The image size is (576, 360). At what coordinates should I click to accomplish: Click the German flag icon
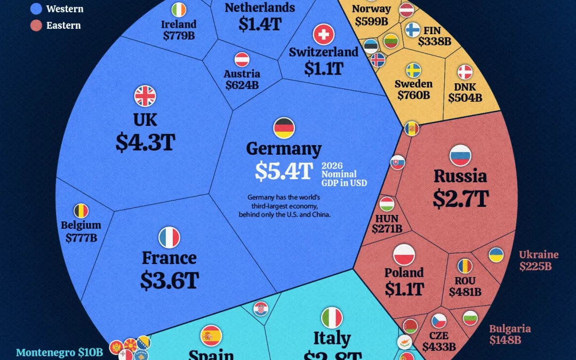(x=284, y=128)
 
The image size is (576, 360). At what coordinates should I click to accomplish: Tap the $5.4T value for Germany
(x=283, y=171)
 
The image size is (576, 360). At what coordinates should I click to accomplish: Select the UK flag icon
(x=145, y=96)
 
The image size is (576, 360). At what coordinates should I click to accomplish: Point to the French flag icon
(x=169, y=237)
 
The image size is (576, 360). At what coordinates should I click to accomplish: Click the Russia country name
(x=460, y=176)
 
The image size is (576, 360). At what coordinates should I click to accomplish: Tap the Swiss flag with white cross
(x=323, y=35)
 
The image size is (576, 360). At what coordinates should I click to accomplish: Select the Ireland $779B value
(x=179, y=36)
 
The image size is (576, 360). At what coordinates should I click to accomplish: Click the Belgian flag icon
(x=81, y=211)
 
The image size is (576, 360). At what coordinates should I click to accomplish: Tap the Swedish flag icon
(x=413, y=70)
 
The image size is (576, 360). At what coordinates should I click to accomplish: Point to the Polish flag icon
(x=404, y=254)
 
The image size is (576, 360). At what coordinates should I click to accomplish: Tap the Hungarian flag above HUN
(x=387, y=204)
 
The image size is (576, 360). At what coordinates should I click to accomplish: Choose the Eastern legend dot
(x=36, y=25)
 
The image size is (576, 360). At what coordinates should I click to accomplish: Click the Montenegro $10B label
(x=59, y=352)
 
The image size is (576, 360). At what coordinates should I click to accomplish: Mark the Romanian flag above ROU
(x=465, y=266)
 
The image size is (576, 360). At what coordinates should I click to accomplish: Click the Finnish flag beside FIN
(x=412, y=30)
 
